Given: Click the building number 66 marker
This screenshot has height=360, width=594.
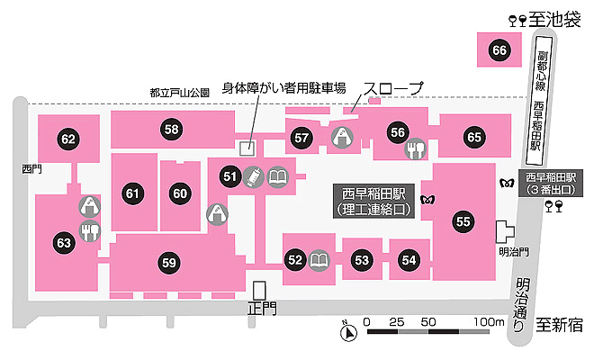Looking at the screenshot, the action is [x=499, y=50].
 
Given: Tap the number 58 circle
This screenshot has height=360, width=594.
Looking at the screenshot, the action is [x=171, y=130].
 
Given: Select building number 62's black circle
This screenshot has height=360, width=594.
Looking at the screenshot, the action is [x=68, y=139].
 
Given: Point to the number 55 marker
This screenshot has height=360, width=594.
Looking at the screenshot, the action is [x=463, y=221].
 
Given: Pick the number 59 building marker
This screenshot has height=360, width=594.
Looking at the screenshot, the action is [x=169, y=263].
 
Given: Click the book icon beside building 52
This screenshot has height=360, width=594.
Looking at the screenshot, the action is [x=319, y=260].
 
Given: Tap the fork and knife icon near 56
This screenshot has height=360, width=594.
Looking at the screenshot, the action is [x=416, y=148].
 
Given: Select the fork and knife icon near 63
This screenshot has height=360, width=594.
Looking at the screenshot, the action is [x=90, y=230].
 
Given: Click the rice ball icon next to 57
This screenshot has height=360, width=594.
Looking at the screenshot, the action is [x=343, y=137].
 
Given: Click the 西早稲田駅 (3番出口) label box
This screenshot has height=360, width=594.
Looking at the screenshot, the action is [x=551, y=183].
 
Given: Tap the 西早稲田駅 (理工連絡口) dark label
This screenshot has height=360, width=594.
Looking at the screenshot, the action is [x=373, y=202].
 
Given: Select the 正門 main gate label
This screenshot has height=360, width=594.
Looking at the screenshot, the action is [x=262, y=309].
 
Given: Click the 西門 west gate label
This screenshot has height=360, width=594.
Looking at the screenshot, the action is [x=31, y=169].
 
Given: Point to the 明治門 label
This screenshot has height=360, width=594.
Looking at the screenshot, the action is [x=514, y=252].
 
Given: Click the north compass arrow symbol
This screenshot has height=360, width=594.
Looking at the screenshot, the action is [x=348, y=332].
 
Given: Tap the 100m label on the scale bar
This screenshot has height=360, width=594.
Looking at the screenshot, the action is [x=489, y=322].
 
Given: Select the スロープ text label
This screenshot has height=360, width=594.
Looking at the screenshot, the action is [x=393, y=89].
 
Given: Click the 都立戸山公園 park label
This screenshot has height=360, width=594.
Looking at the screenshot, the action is [x=180, y=93].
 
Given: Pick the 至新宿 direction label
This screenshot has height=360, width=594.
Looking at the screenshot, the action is [x=559, y=325].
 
